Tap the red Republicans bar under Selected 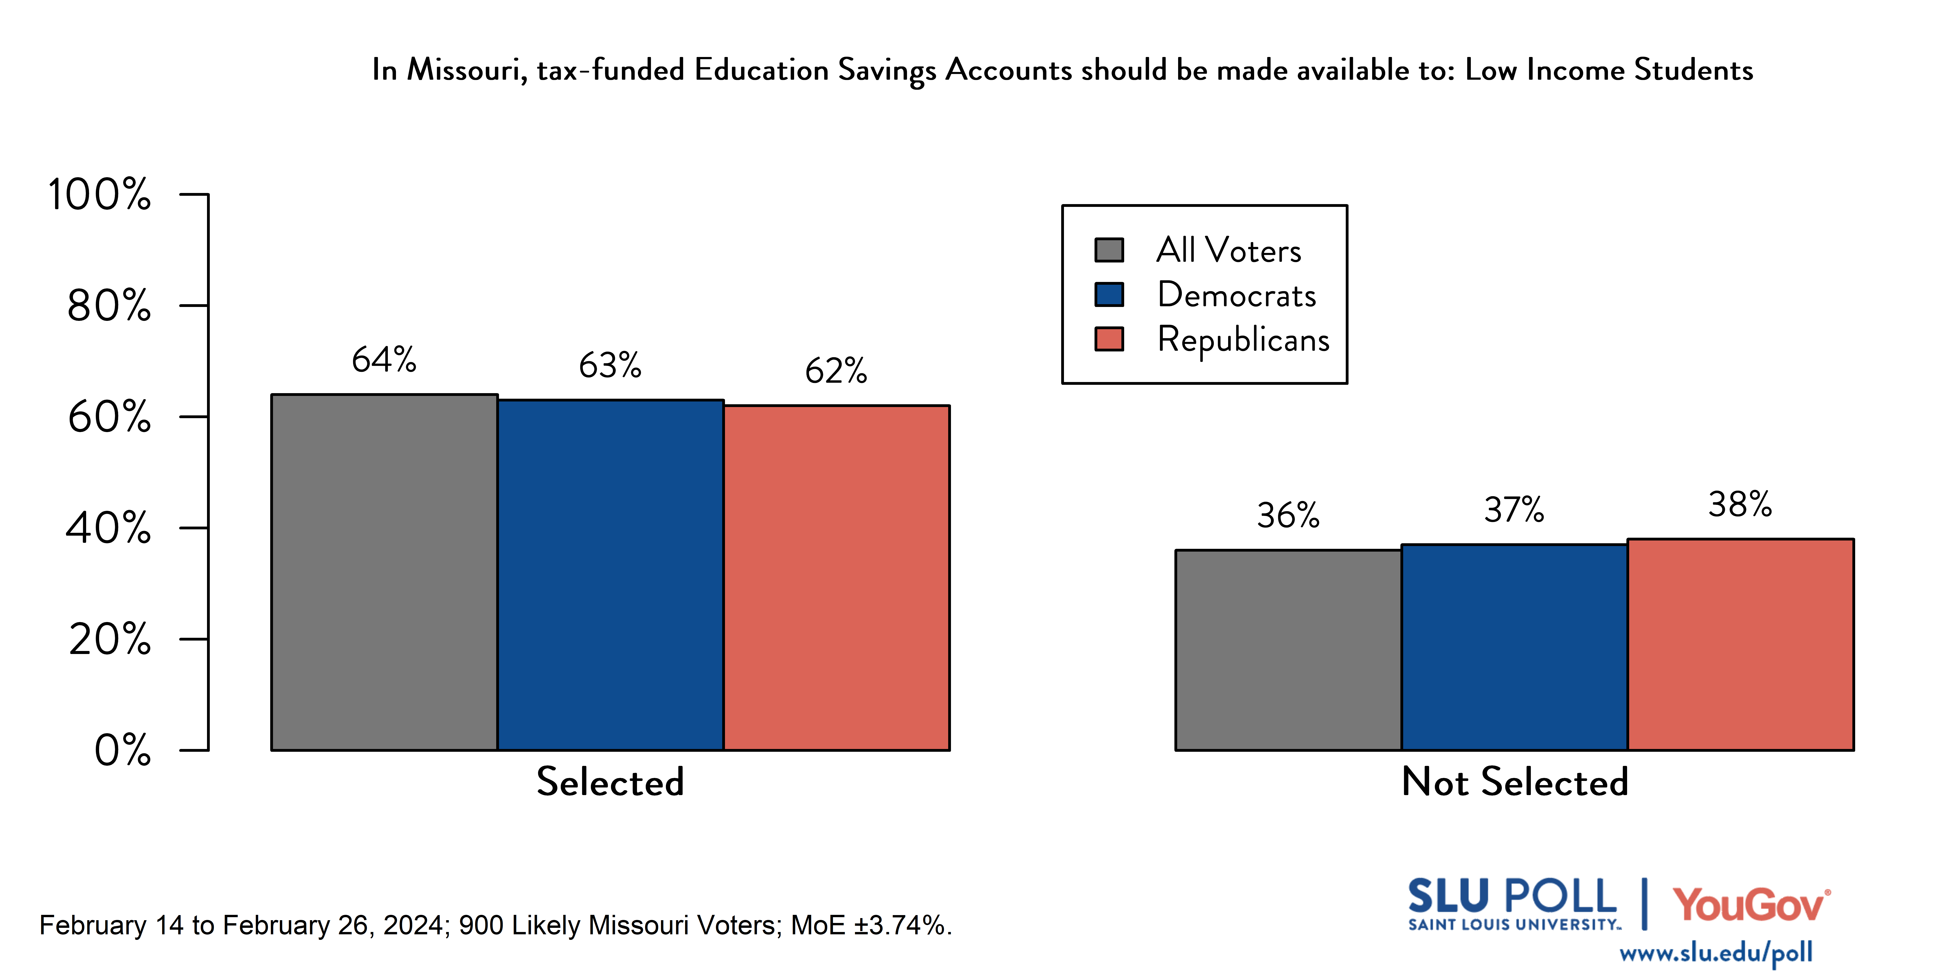tap(837, 578)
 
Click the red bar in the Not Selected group tap(1740, 644)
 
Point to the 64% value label tap(384, 360)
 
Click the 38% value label tap(1740, 504)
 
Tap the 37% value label tap(1514, 510)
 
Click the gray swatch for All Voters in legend tap(1109, 250)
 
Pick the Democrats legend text tap(1236, 295)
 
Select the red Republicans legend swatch tap(1109, 339)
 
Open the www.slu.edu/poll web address tap(1716, 953)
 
